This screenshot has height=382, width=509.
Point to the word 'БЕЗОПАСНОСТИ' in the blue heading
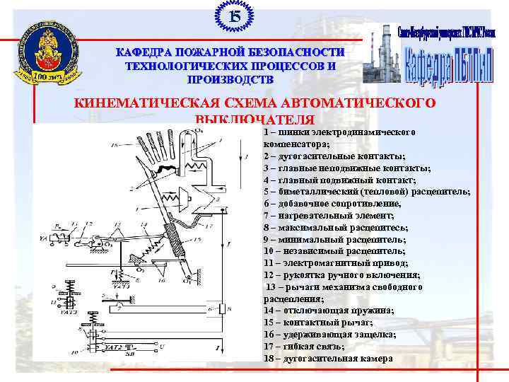pos(292,52)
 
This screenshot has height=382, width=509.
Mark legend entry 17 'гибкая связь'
pos(304,347)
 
